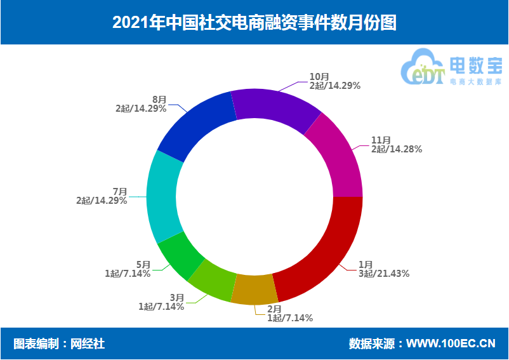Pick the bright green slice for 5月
(x=180, y=255)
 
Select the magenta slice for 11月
(x=336, y=156)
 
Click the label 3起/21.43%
(x=384, y=274)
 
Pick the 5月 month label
(x=143, y=264)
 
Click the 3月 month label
(x=177, y=297)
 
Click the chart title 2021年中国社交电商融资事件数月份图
(x=254, y=23)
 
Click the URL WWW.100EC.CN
(x=451, y=343)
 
